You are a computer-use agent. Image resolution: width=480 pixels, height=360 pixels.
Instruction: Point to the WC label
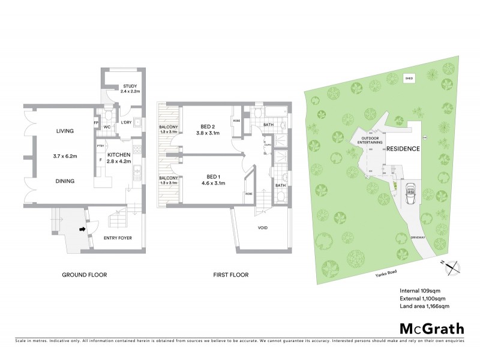click(106, 127)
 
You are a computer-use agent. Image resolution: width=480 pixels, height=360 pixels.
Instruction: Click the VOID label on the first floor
click(263, 228)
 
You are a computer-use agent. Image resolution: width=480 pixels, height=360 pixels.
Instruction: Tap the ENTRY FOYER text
click(118, 238)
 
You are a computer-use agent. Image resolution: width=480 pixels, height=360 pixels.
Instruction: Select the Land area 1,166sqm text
click(425, 306)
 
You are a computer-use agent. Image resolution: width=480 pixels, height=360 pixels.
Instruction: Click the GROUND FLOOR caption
click(85, 275)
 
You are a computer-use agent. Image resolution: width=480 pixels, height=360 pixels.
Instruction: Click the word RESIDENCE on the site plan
click(402, 149)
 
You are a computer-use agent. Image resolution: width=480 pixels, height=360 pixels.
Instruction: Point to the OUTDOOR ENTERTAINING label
click(373, 141)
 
